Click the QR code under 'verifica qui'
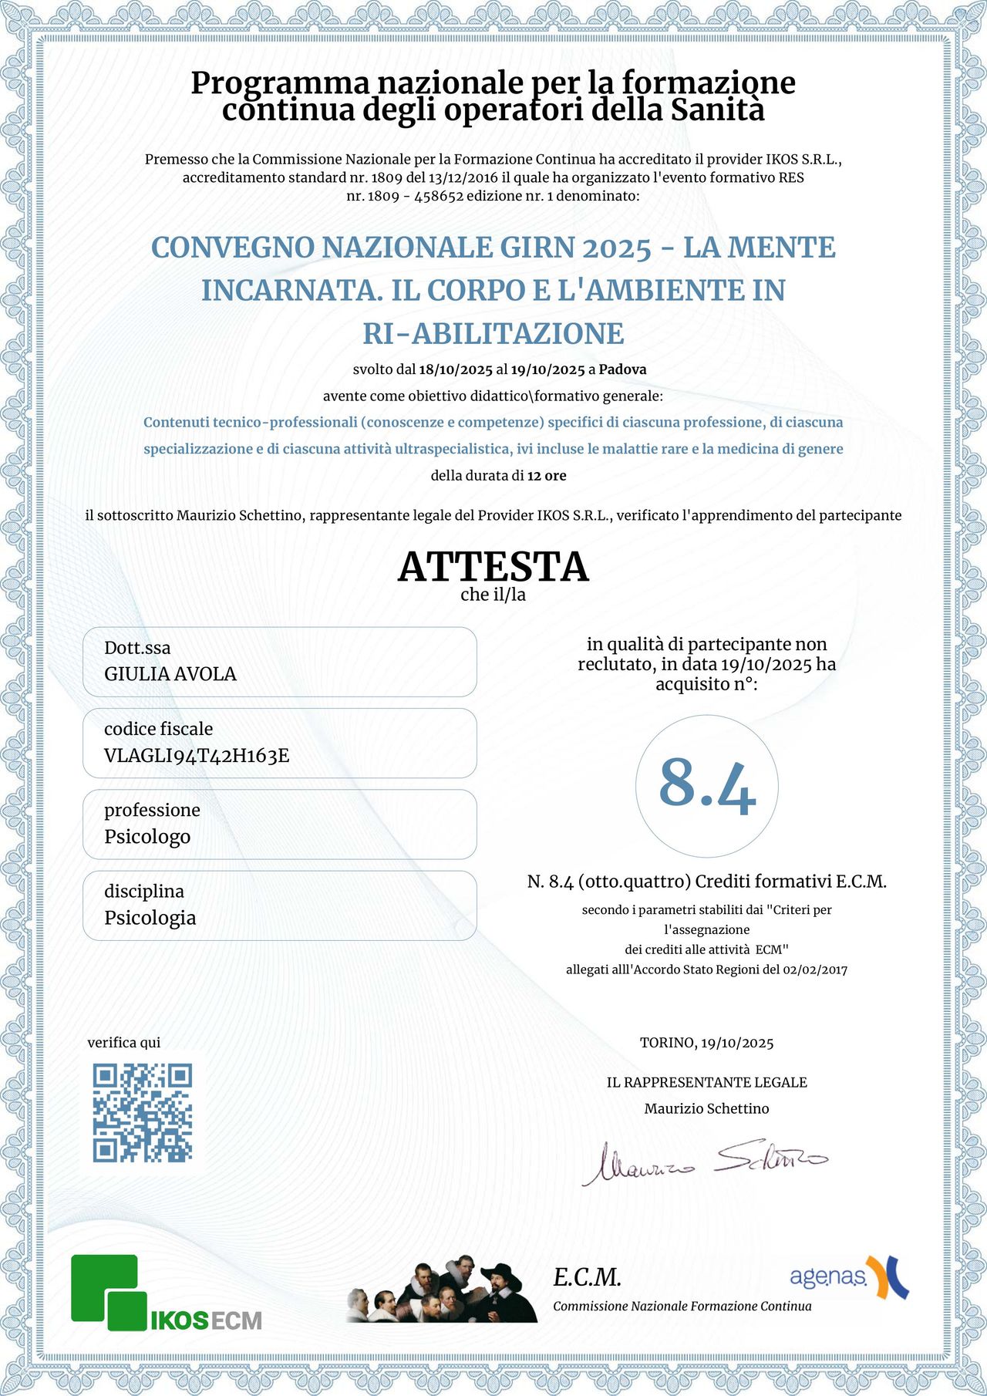click(x=143, y=1112)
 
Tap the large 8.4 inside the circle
click(x=707, y=786)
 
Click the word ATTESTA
click(x=493, y=567)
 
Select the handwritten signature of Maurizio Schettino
click(x=705, y=1161)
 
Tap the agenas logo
click(x=848, y=1277)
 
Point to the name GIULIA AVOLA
click(x=170, y=674)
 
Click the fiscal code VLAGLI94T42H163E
click(x=197, y=756)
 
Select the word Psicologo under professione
click(x=147, y=837)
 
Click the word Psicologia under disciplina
click(x=150, y=918)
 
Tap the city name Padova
click(x=622, y=369)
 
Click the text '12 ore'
click(x=547, y=476)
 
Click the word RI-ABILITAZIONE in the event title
click(x=493, y=334)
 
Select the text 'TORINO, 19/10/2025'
click(x=706, y=1043)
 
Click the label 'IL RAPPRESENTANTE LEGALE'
click(x=706, y=1082)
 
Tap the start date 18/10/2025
click(x=455, y=369)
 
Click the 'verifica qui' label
click(x=124, y=1043)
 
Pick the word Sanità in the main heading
click(x=717, y=110)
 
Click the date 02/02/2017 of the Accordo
click(x=815, y=969)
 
